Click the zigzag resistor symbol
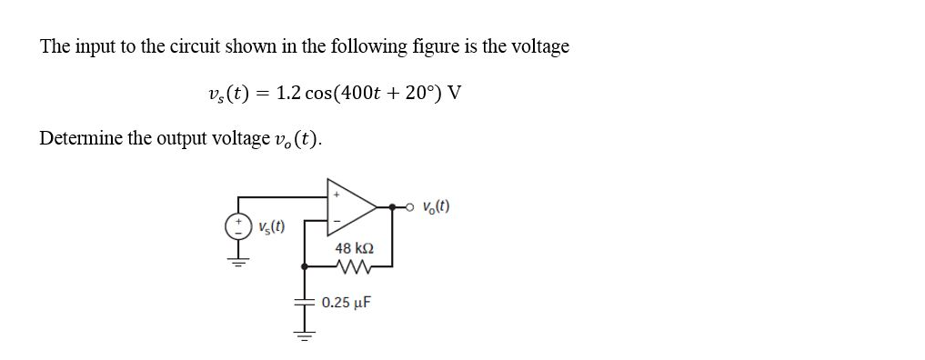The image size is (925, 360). tap(350, 266)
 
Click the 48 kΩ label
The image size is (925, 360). tap(354, 247)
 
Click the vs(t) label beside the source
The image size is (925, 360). tap(271, 227)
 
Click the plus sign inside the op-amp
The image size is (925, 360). tap(337, 194)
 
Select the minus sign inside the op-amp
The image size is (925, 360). tap(337, 221)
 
